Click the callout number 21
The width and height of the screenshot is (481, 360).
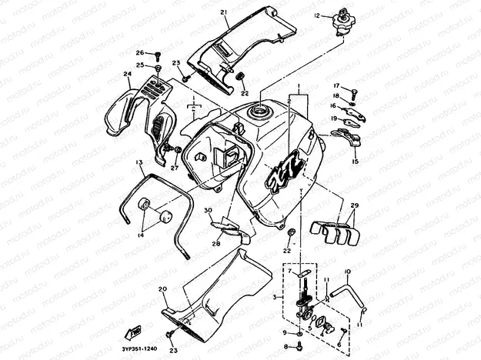pos(224,13)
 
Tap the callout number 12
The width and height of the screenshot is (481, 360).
pos(316,15)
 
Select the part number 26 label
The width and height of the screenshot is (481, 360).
pos(140,53)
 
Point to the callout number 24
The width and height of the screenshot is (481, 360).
pos(127,75)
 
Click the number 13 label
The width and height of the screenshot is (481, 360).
pos(139,163)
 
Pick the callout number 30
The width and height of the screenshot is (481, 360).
pos(208,210)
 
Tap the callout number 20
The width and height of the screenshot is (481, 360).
pos(162,289)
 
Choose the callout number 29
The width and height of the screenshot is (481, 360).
pos(355,206)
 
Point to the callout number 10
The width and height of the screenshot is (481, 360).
pos(347,272)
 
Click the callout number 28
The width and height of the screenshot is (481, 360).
pos(215,244)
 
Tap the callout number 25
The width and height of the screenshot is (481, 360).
pos(140,65)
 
